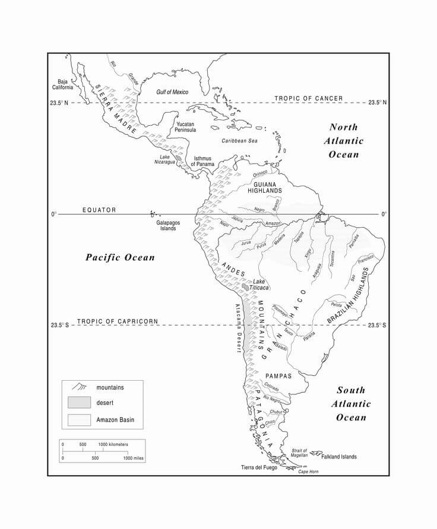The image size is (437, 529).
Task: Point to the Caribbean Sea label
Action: point(240,141)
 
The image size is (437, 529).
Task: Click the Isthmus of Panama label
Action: point(202,161)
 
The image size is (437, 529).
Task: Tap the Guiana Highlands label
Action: point(264,187)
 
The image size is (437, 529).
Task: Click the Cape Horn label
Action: point(308,471)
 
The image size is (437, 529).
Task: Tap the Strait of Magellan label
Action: point(299,453)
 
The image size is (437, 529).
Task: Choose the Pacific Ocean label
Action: point(120,257)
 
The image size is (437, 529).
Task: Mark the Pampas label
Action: point(278,376)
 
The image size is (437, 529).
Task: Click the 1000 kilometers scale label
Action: point(113,444)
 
